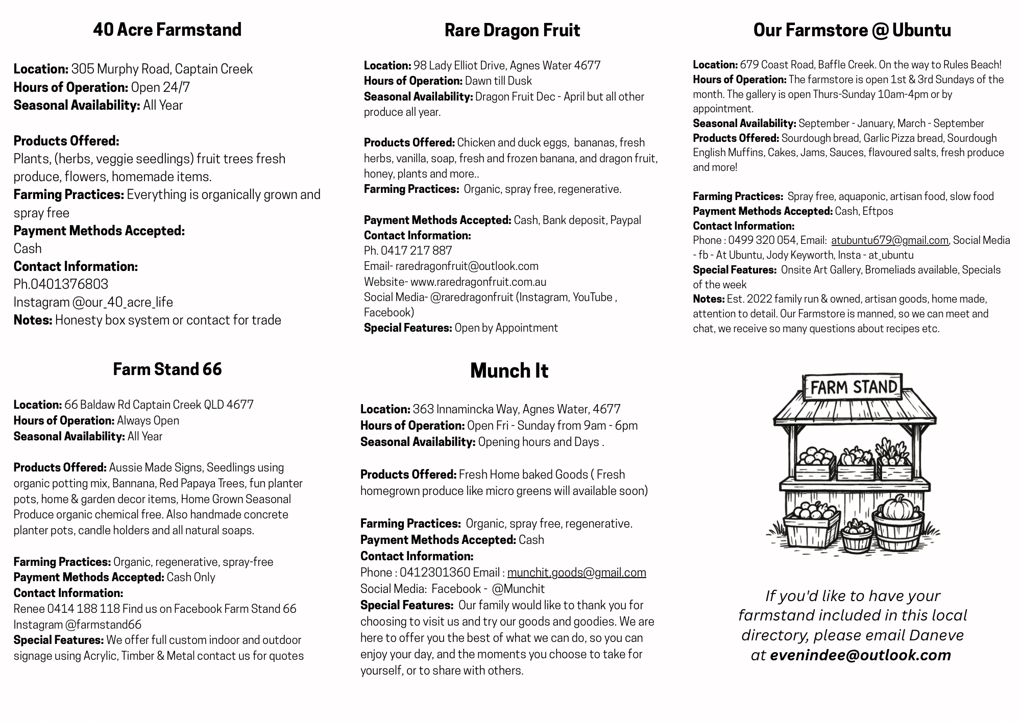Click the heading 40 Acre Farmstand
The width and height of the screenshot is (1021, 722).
point(167,30)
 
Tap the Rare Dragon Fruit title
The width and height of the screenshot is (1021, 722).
point(512,30)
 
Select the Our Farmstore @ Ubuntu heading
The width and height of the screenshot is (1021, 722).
point(852,30)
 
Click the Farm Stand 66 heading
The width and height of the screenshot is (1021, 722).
point(167,369)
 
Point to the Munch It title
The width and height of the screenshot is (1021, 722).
point(509,370)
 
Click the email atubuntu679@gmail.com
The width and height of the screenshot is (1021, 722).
point(889,240)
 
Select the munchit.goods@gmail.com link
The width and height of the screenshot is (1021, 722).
point(576,572)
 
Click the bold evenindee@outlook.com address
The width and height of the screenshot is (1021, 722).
point(860,655)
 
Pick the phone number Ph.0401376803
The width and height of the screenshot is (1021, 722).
point(61,284)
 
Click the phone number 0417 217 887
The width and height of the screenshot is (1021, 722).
point(416,251)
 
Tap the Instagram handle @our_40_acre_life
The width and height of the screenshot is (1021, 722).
point(122,302)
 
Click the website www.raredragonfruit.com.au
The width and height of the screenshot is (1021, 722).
point(478,282)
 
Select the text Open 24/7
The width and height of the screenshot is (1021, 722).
point(160,87)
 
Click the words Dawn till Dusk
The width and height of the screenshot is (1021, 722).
point(498,81)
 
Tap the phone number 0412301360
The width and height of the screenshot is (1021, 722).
point(434,572)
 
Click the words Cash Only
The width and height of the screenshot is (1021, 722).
point(191,577)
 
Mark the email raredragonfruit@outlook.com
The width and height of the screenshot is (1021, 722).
point(467,266)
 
